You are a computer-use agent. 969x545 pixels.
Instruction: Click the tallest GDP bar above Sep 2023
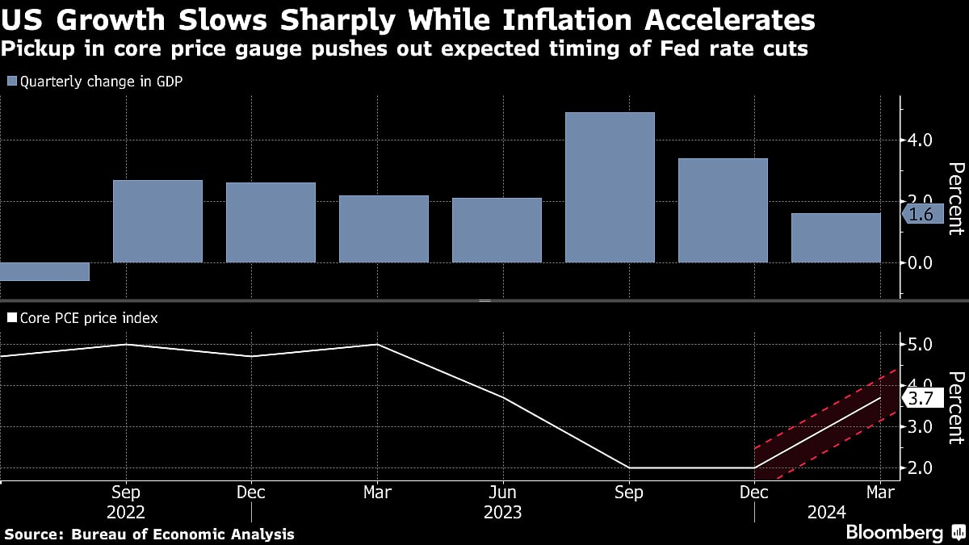pos(610,187)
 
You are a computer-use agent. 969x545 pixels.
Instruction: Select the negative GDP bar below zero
pos(44,272)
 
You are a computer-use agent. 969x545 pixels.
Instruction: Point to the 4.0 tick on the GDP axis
pos(920,140)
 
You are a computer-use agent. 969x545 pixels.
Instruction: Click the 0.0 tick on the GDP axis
pos(920,262)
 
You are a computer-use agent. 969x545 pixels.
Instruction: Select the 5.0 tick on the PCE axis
pos(920,345)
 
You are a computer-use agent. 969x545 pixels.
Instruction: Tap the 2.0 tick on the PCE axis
pos(920,467)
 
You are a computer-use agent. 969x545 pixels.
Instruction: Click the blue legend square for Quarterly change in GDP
pos(11,81)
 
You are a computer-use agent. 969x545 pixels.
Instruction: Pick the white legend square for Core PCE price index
pos(11,318)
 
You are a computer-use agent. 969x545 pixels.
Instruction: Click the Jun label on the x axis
pos(503,492)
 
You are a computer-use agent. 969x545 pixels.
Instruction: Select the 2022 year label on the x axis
pos(125,512)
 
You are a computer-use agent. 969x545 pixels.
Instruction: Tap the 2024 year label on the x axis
pos(827,512)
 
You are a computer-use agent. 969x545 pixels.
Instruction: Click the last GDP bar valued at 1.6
pos(836,238)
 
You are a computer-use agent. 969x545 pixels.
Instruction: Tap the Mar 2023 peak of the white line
pos(378,345)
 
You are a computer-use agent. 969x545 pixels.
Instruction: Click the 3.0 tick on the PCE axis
pos(920,426)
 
